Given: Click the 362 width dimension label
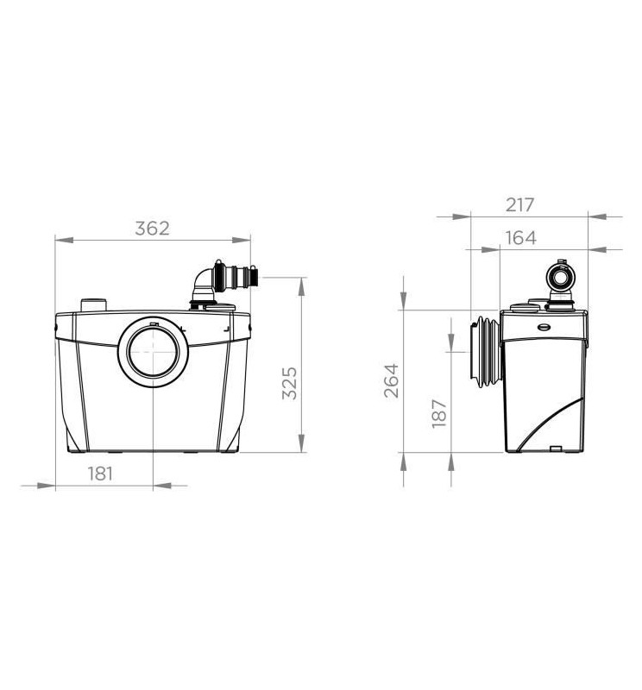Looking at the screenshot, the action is point(152,229).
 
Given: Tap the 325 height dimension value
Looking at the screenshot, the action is point(289,383).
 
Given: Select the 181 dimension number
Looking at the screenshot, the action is point(100,474).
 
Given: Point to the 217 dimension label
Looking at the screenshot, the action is point(519,204).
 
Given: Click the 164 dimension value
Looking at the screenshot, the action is point(520,238).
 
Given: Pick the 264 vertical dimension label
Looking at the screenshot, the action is point(391,380).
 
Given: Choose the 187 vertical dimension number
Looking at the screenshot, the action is point(439,413).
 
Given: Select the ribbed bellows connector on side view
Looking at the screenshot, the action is point(485,352).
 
